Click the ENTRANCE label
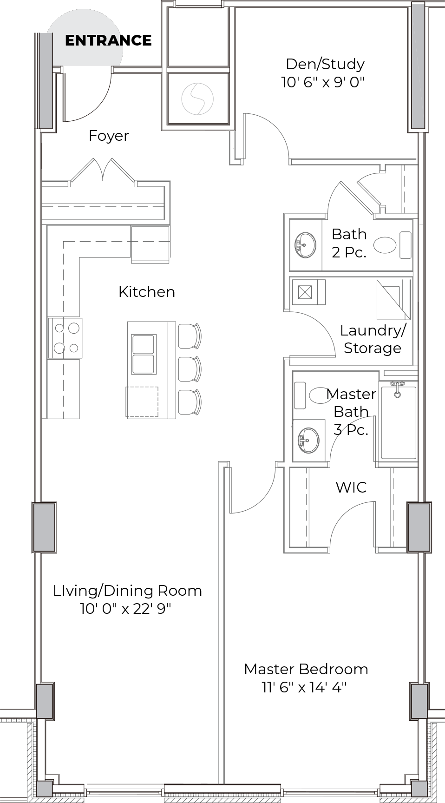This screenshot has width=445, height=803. [108, 40]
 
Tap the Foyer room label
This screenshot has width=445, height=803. [109, 136]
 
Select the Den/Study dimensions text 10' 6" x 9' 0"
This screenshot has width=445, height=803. [323, 82]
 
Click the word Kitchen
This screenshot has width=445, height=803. [147, 292]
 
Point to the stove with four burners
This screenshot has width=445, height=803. [65, 338]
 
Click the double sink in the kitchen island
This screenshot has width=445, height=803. [144, 354]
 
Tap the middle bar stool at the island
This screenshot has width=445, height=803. [190, 369]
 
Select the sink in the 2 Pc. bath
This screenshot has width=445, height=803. [305, 245]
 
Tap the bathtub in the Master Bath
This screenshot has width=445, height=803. [398, 421]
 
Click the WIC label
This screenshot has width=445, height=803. [351, 487]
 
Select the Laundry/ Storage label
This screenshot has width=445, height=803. [373, 339]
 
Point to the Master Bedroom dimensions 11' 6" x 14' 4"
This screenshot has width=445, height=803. [305, 687]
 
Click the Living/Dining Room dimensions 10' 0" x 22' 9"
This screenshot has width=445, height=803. [126, 609]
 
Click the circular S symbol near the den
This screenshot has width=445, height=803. [197, 99]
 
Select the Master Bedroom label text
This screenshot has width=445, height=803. [306, 669]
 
